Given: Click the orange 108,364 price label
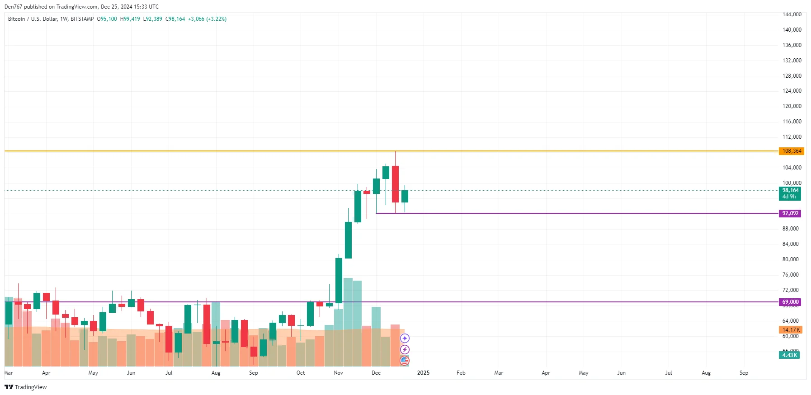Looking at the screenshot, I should pyautogui.click(x=791, y=151).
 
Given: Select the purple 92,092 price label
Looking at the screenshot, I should pyautogui.click(x=790, y=213).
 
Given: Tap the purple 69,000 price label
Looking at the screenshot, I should pyautogui.click(x=790, y=302).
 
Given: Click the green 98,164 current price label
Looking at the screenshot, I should pyautogui.click(x=790, y=191).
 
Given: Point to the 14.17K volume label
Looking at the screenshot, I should pyautogui.click(x=791, y=330).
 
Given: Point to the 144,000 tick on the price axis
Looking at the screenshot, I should pyautogui.click(x=792, y=14).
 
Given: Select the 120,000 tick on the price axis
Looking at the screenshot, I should pyautogui.click(x=792, y=106).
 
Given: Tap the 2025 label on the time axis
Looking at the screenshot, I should pyautogui.click(x=423, y=373).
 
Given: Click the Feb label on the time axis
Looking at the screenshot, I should pyautogui.click(x=461, y=373).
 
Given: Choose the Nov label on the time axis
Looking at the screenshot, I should pyautogui.click(x=338, y=373).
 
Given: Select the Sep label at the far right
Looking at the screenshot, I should pyautogui.click(x=744, y=373).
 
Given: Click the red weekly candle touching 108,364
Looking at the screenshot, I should pyautogui.click(x=395, y=183).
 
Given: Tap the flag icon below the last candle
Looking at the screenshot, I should pyautogui.click(x=405, y=361).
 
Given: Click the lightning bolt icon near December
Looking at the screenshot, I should pyautogui.click(x=405, y=349).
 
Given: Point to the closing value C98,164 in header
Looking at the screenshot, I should pyautogui.click(x=175, y=19).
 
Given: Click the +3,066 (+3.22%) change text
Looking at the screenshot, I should pyautogui.click(x=207, y=19).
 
